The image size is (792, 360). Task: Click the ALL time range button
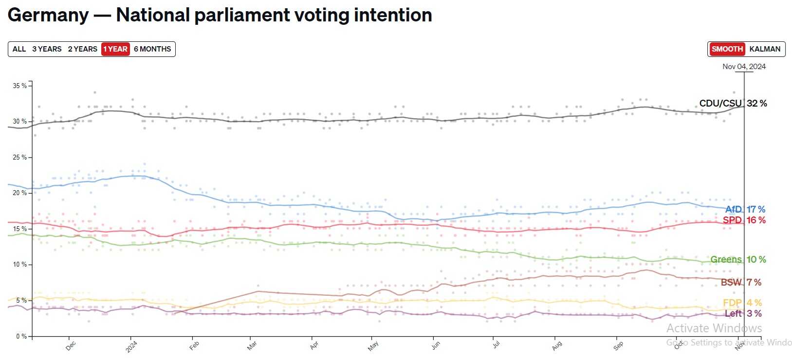coord(19,49)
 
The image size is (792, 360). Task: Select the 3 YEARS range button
coord(47,49)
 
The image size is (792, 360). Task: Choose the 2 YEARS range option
coord(82,49)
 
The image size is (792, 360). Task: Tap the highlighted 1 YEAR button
coord(115,49)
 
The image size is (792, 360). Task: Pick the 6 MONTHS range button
coord(152,49)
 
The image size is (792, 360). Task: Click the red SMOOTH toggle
coord(727,49)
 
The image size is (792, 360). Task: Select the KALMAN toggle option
coord(765,49)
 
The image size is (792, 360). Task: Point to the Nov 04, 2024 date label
coord(744,67)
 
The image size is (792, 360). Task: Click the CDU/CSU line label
coord(720,103)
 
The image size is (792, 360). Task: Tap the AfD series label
coord(734,209)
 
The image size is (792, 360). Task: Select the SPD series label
coord(732,220)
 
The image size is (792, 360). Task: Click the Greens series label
coord(726,259)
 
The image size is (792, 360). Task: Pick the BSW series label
coord(731,282)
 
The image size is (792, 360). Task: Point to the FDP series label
coord(732,303)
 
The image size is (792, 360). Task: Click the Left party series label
coord(733,313)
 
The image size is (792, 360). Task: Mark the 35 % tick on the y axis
coord(19,86)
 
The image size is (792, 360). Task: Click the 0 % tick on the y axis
coord(21,336)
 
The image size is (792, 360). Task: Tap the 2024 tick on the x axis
coord(131,346)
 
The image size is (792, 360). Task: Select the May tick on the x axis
coord(373,346)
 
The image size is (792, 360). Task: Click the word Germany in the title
coord(48,15)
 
